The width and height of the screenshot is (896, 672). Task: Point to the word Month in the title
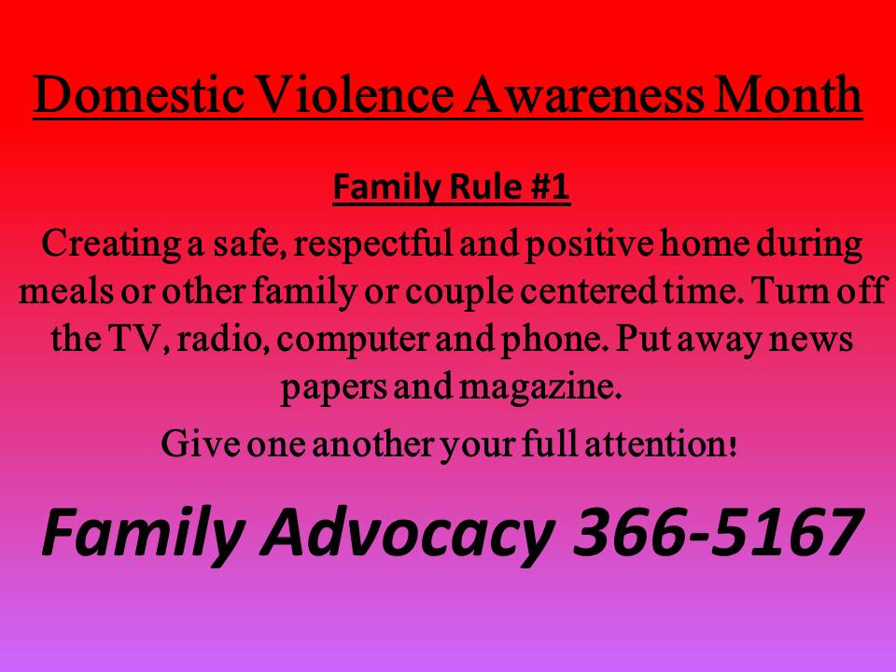tap(788, 93)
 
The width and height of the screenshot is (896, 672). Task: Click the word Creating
tap(110, 244)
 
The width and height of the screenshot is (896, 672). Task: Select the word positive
tap(589, 244)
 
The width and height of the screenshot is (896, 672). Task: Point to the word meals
tap(65, 291)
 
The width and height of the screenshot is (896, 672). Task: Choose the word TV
tap(136, 339)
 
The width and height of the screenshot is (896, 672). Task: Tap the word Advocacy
tap(412, 533)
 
